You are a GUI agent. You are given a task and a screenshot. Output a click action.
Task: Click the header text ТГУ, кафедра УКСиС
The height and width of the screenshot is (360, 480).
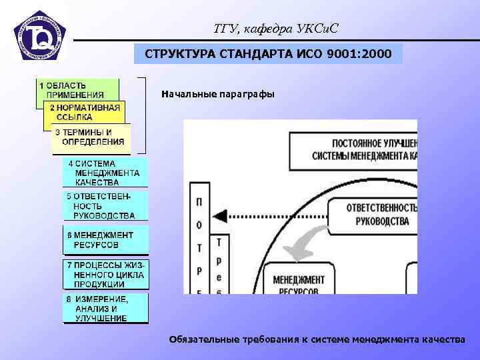click(276, 29)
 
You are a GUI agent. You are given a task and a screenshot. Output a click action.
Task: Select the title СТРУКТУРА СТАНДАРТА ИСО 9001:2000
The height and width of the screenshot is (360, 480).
click(269, 53)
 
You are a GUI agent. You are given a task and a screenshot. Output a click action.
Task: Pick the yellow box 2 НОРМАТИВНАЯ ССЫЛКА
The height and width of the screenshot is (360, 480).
click(84, 111)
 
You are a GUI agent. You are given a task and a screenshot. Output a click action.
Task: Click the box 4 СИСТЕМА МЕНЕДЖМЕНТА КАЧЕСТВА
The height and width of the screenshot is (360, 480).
click(105, 173)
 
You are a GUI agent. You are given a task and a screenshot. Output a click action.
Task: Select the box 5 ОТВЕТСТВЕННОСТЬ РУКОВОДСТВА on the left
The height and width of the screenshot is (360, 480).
click(105, 206)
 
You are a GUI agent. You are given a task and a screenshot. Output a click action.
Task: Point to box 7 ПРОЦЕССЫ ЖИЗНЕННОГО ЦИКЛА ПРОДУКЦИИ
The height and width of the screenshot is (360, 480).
click(105, 274)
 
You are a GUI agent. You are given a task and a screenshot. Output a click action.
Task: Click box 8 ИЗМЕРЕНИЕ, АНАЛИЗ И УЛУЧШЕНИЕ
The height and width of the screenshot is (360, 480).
click(105, 309)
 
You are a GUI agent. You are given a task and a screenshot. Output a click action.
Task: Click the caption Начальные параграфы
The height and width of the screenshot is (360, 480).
click(217, 94)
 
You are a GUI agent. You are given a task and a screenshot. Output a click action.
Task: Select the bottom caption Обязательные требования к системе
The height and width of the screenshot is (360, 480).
click(317, 339)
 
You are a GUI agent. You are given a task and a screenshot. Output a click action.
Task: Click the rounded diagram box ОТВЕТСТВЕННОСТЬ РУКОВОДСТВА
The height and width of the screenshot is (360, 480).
click(377, 215)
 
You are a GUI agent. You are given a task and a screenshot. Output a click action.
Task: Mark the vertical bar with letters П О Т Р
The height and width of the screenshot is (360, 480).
click(199, 244)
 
